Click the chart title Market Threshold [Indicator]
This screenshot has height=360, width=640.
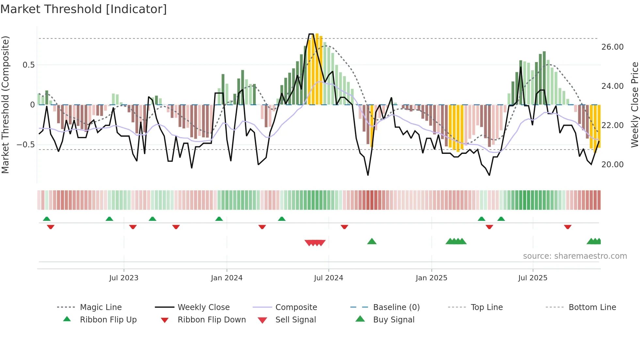pyautogui.click(x=84, y=9)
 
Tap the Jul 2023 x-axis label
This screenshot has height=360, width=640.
pyautogui.click(x=124, y=278)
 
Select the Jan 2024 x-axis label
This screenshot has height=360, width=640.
pyautogui.click(x=227, y=278)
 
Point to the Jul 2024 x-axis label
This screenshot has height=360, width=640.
pyautogui.click(x=328, y=278)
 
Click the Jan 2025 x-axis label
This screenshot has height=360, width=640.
pyautogui.click(x=431, y=278)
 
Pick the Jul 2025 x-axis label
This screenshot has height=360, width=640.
pyautogui.click(x=533, y=278)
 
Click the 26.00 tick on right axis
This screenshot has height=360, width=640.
pyautogui.click(x=612, y=47)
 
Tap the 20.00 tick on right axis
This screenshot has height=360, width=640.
pyautogui.click(x=612, y=165)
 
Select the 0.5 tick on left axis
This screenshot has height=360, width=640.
pyautogui.click(x=28, y=65)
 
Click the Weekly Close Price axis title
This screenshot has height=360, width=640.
pyautogui.click(x=634, y=105)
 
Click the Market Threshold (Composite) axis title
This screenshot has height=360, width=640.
pyautogui.click(x=5, y=105)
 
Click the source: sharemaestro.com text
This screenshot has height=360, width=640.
pyautogui.click(x=575, y=256)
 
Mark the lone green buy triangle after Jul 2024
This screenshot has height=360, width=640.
pyautogui.click(x=372, y=241)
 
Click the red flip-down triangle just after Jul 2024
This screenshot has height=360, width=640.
pyautogui.click(x=344, y=227)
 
